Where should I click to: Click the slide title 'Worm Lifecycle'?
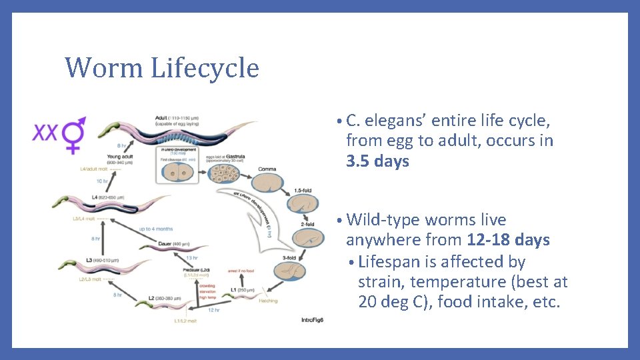(x=161, y=68)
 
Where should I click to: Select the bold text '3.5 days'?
(x=377, y=161)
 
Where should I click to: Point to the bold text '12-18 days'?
(x=513, y=240)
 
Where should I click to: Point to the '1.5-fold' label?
(x=303, y=191)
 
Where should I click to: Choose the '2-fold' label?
(x=307, y=224)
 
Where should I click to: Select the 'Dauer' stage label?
(x=165, y=245)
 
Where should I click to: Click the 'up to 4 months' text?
(x=157, y=229)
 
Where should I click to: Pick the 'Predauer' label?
(x=200, y=270)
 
